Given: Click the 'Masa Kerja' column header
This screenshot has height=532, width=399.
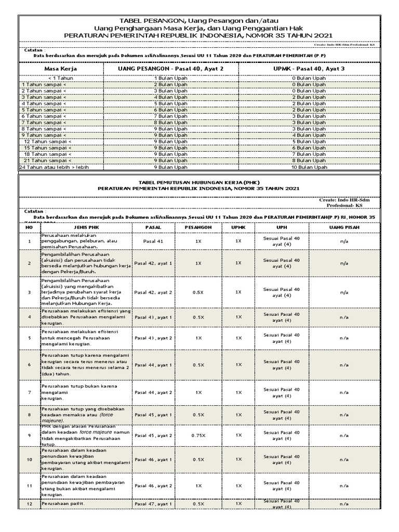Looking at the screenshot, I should [x=59, y=69].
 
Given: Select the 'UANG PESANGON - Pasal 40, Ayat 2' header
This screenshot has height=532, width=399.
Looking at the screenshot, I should [x=171, y=69].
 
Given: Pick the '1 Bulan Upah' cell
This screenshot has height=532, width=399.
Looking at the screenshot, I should [x=171, y=78].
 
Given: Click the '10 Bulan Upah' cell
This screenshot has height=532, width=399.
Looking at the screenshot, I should [x=308, y=167].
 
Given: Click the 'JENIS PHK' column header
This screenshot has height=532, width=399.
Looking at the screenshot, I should [x=86, y=228].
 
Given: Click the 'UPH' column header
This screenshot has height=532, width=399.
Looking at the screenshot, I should [x=281, y=228].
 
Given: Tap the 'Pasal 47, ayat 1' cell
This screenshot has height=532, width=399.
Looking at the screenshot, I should [x=153, y=504].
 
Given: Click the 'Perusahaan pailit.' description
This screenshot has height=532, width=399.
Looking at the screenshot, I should [x=63, y=504].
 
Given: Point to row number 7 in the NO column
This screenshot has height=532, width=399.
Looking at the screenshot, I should [x=30, y=392].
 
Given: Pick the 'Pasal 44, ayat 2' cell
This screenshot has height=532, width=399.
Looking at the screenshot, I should [x=153, y=392].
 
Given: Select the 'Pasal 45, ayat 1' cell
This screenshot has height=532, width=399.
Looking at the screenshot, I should [x=153, y=415].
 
